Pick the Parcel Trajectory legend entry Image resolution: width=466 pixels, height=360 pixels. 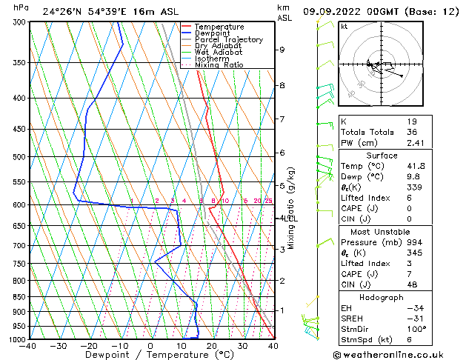tap(228, 40)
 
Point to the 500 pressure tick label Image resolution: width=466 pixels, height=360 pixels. tap(21, 157)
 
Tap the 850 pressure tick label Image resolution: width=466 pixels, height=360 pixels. tap(21, 297)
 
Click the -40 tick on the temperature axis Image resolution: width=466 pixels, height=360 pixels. tap(29, 346)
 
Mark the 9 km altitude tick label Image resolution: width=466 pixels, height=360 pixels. tap(282, 50)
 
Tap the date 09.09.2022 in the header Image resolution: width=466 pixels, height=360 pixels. tap(330, 11)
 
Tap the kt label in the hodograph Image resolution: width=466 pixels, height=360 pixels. tap(344, 27)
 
